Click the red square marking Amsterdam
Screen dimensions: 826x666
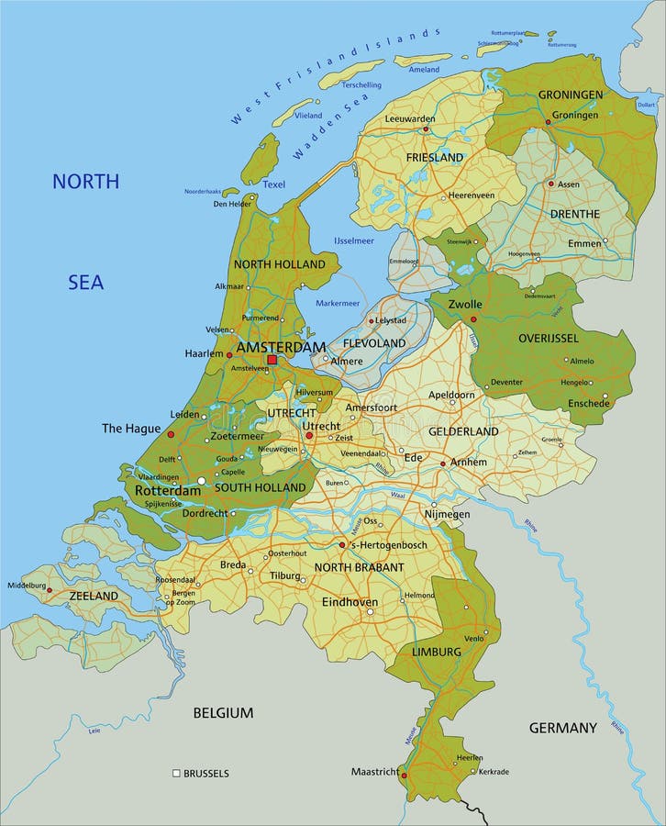(272, 360)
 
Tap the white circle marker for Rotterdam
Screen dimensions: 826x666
(202, 480)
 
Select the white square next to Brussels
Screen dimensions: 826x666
(176, 774)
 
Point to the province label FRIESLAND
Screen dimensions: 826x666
(435, 158)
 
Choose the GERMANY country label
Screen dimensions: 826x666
(562, 728)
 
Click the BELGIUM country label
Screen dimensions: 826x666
(222, 712)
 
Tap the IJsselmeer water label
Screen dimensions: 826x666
(354, 240)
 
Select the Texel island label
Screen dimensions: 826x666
(273, 184)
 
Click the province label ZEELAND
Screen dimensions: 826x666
(94, 596)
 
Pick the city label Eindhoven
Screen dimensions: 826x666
(350, 602)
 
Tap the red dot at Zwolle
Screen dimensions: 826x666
(473, 319)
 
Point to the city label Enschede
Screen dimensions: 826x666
(588, 403)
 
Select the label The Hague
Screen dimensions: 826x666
(130, 429)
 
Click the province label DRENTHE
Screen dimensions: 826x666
(574, 214)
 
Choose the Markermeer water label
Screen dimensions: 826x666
(338, 303)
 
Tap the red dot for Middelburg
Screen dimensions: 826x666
(50, 590)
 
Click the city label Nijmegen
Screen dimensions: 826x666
(446, 515)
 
